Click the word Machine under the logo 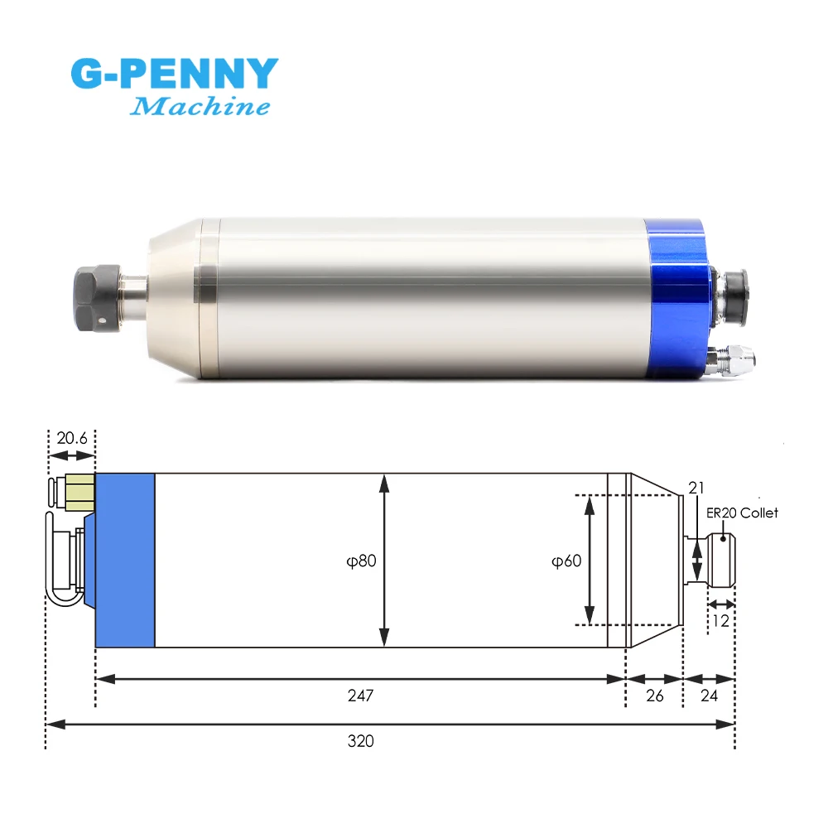pos(200,106)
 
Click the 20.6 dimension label pos(72,437)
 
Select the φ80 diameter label pos(361,561)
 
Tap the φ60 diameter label pos(566,561)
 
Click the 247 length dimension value pos(361,696)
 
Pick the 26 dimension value pos(654,696)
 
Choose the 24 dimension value pos(709,696)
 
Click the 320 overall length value pos(361,741)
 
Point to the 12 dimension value pos(720,620)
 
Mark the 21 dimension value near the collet pos(695,488)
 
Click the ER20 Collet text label pos(742,513)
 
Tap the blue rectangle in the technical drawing pos(125,560)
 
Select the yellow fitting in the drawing pos(81,495)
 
